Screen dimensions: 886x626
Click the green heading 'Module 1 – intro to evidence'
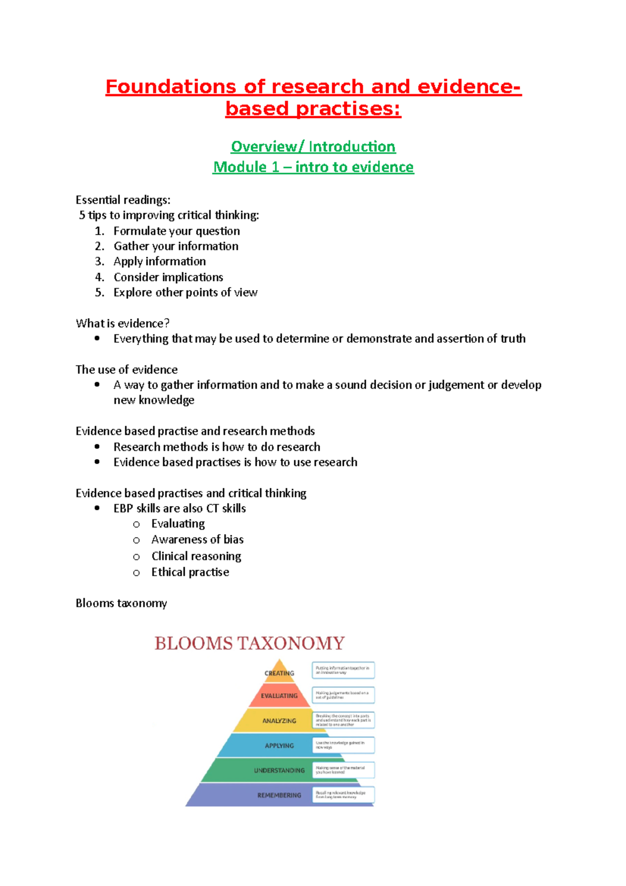pyautogui.click(x=313, y=167)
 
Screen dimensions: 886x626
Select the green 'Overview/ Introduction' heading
pyautogui.click(x=313, y=147)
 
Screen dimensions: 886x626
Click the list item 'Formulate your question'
pyautogui.click(x=176, y=231)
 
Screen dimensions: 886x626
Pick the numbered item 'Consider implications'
pyautogui.click(x=168, y=277)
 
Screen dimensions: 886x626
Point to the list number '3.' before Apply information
pyautogui.click(x=100, y=261)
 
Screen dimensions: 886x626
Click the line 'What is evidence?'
pyautogui.click(x=123, y=323)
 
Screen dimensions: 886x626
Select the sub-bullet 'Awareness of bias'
pyautogui.click(x=197, y=540)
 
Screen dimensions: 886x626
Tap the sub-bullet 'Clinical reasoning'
pyautogui.click(x=196, y=556)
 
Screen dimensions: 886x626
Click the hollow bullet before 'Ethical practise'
pyautogui.click(x=136, y=573)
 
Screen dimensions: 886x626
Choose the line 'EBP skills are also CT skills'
pyautogui.click(x=179, y=508)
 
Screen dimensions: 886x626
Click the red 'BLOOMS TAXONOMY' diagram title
pyautogui.click(x=249, y=643)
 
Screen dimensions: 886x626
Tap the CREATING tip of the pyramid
pyautogui.click(x=280, y=673)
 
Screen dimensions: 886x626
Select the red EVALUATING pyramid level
pyautogui.click(x=279, y=696)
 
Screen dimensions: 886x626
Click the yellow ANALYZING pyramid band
pyautogui.click(x=279, y=721)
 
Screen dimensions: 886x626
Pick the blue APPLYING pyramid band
pyautogui.click(x=279, y=746)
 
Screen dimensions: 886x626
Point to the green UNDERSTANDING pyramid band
pyautogui.click(x=279, y=770)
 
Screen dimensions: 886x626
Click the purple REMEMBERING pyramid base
pyautogui.click(x=279, y=795)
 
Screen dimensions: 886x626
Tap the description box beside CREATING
pyautogui.click(x=343, y=670)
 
